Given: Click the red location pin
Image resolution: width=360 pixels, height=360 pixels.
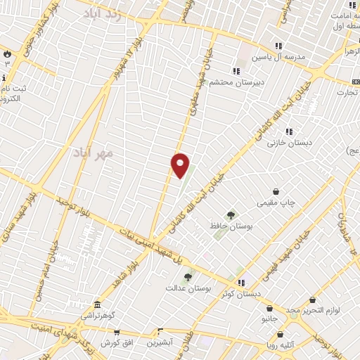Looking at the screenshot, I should tap(180, 165).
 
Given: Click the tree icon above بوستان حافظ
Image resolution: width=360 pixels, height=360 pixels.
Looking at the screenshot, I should tap(230, 215).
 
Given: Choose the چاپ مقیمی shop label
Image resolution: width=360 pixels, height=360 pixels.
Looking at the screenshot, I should tap(276, 202).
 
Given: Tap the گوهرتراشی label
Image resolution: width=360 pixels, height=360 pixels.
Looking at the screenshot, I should tap(96, 316).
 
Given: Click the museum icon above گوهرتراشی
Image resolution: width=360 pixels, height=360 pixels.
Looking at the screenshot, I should tap(96, 306).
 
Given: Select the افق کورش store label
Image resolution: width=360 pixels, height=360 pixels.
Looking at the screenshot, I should tap(117, 342).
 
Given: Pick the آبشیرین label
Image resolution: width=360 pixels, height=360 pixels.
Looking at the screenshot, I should tap(161, 342).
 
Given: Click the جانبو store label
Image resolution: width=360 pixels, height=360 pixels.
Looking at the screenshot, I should tap(269, 319).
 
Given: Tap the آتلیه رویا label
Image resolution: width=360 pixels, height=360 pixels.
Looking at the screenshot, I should tap(297, 345).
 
